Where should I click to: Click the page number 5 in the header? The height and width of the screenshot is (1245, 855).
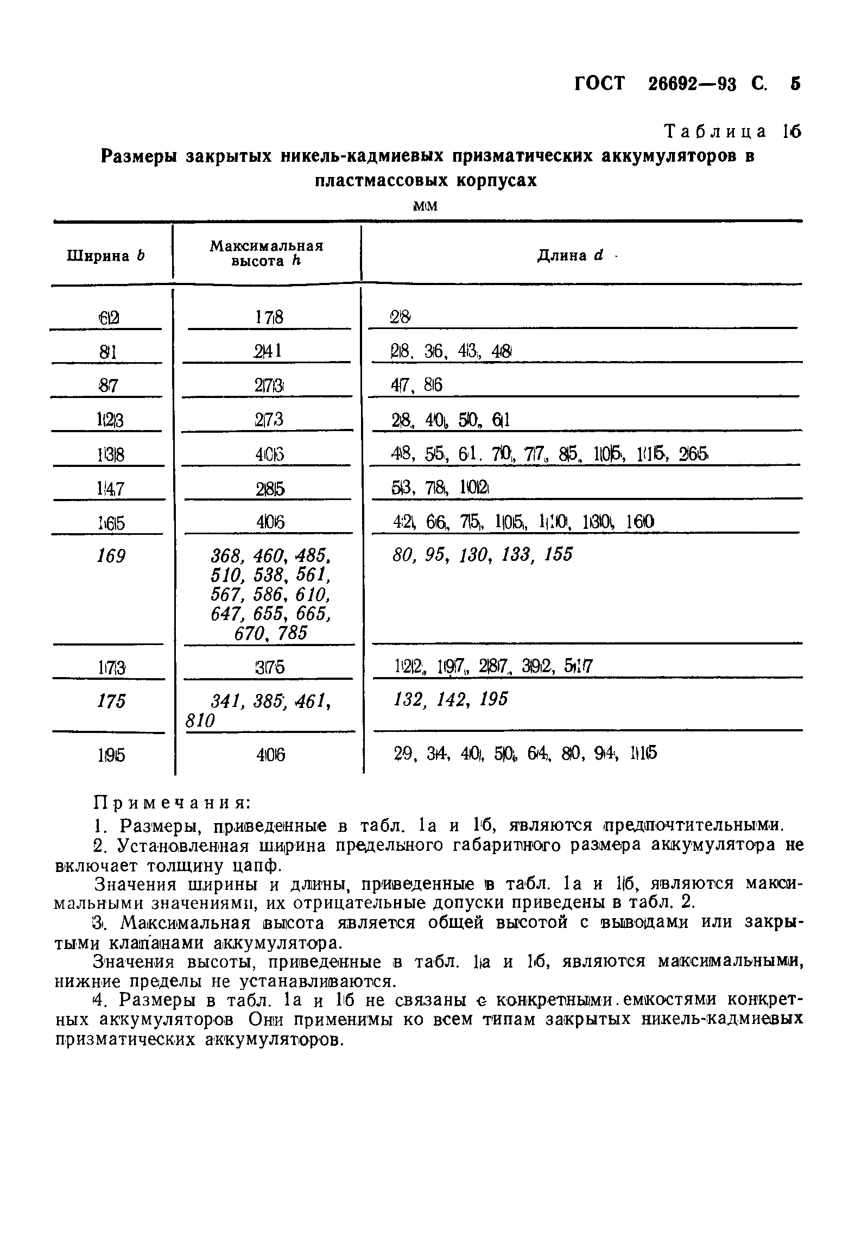(795, 84)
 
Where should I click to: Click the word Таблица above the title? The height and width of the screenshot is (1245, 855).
(716, 132)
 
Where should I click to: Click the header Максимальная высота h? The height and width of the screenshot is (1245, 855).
(266, 254)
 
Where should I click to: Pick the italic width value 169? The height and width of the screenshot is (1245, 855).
(111, 556)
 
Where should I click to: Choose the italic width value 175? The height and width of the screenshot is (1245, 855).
(111, 701)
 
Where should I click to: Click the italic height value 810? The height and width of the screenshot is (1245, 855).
(200, 721)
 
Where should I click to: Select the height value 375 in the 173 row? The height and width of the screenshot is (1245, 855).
(269, 667)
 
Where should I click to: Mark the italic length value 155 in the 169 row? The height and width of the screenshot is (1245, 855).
(559, 555)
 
